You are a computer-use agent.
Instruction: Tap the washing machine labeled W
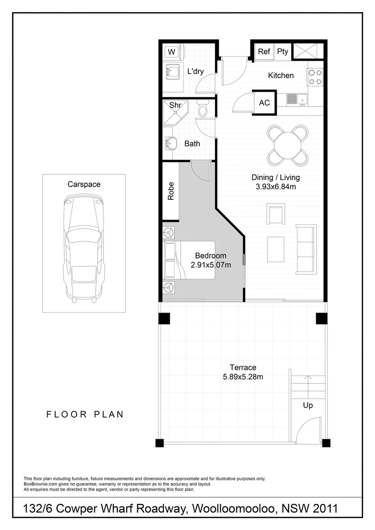(172, 52)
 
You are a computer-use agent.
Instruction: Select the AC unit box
(264, 103)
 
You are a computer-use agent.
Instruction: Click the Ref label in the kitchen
(264, 52)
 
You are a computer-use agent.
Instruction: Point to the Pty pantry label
(283, 52)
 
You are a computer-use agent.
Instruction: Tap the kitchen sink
(293, 99)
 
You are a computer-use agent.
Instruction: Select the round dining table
(288, 145)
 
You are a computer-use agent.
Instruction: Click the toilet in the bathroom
(203, 110)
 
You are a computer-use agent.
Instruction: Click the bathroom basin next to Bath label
(172, 144)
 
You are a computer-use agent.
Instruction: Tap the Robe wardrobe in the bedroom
(171, 191)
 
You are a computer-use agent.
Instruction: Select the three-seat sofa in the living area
(307, 249)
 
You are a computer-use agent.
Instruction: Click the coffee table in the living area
(276, 249)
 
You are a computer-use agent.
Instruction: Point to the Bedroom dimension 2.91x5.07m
(211, 265)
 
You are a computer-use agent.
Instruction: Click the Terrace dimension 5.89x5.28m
(243, 377)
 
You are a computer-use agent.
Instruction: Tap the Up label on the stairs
(308, 405)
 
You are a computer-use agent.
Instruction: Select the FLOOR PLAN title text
(85, 414)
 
